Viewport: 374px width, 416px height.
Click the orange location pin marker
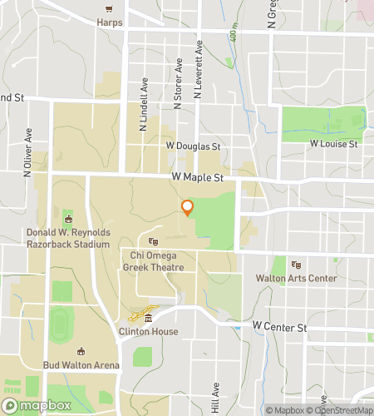(188, 208)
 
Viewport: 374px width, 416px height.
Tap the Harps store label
(109, 21)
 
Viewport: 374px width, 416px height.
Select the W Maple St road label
(199, 177)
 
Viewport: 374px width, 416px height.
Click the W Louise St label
(333, 144)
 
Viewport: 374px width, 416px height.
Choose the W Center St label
(279, 328)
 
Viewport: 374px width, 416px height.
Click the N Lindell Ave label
(144, 105)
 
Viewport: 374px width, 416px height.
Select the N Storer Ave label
(178, 84)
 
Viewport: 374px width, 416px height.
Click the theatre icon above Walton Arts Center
(296, 265)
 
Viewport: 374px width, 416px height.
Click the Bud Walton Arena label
(82, 365)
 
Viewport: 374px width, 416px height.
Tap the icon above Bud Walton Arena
(81, 352)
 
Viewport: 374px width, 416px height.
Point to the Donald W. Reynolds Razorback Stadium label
(68, 239)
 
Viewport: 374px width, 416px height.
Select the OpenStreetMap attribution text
(340, 409)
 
